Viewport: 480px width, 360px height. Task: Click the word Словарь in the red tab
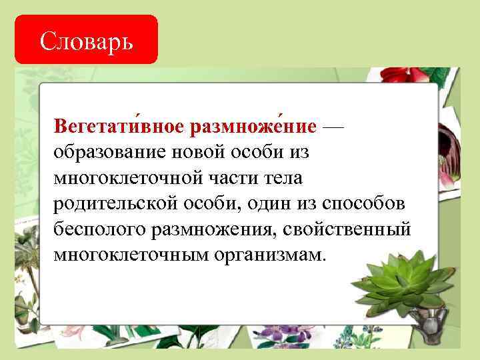tap(86, 41)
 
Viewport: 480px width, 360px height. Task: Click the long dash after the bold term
tap(333, 126)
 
